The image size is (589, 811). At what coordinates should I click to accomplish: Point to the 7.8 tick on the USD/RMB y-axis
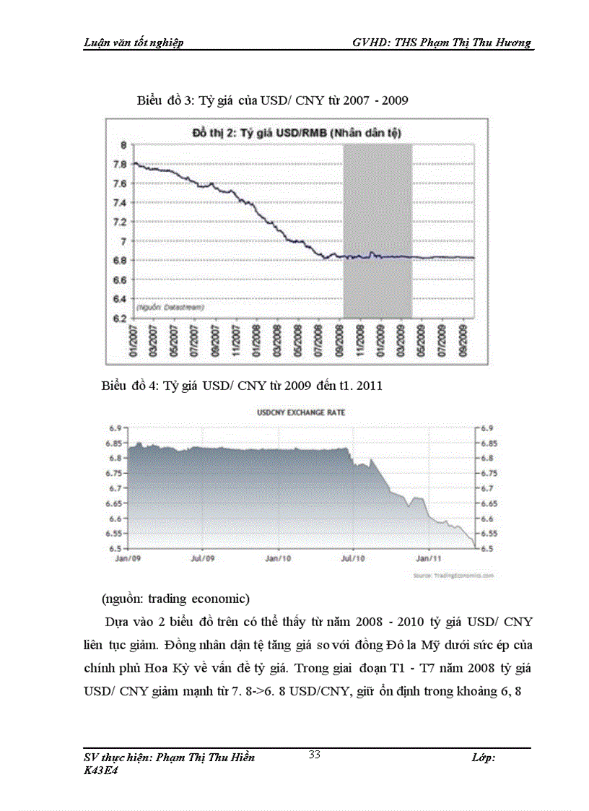pyautogui.click(x=120, y=165)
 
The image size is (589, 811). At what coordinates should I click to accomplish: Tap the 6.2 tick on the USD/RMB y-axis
pyautogui.click(x=120, y=318)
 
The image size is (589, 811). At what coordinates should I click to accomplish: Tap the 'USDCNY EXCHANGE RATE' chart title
pyautogui.click(x=301, y=412)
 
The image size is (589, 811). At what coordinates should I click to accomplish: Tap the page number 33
pyautogui.click(x=314, y=755)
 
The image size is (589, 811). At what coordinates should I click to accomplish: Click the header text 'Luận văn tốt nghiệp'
pyautogui.click(x=134, y=43)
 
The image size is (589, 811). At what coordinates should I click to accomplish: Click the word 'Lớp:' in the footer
pyautogui.click(x=482, y=758)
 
